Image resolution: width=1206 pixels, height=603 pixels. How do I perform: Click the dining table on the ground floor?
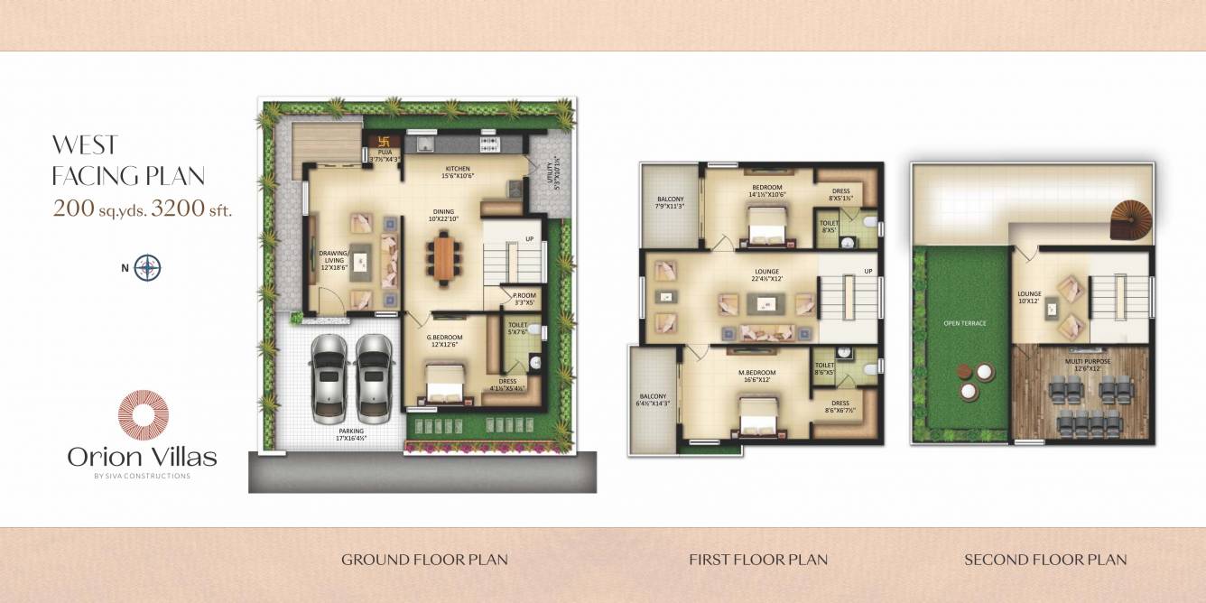[x=445, y=258]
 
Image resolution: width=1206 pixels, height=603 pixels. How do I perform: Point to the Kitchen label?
[x=459, y=169]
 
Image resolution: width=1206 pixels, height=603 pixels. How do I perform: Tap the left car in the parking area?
[x=329, y=376]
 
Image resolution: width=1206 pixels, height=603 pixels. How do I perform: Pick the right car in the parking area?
[x=374, y=376]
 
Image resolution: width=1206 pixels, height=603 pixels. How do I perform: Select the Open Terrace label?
[x=965, y=322]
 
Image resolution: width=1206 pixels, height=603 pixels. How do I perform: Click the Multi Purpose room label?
[x=1089, y=361]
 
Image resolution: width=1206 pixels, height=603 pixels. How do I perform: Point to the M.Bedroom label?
[x=756, y=373]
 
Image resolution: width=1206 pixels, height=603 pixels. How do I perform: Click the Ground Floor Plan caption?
[x=424, y=560]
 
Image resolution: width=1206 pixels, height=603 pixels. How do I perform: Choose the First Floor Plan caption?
[x=758, y=560]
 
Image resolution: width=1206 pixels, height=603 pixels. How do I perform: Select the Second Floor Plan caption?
[x=1045, y=560]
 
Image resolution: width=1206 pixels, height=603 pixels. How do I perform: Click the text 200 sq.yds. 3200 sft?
[x=143, y=210]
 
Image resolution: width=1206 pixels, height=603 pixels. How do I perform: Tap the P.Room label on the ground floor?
[x=524, y=296]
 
